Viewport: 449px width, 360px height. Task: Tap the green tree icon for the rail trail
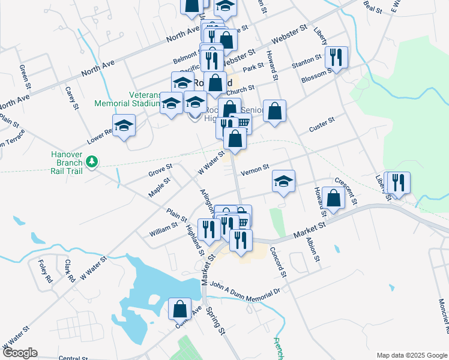click(x=92, y=161)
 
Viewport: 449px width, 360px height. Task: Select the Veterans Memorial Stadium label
click(x=128, y=99)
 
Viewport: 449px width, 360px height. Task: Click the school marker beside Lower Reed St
click(x=124, y=125)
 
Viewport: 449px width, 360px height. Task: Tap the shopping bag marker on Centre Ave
click(x=180, y=309)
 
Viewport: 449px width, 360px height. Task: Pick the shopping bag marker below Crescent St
click(x=333, y=198)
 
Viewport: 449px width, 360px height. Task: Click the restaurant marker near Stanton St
click(x=336, y=58)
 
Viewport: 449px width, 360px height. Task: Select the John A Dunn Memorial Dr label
click(x=246, y=292)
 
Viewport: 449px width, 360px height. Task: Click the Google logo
click(x=19, y=353)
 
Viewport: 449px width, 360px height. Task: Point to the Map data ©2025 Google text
click(x=411, y=355)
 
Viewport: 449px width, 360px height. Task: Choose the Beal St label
click(x=373, y=6)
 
